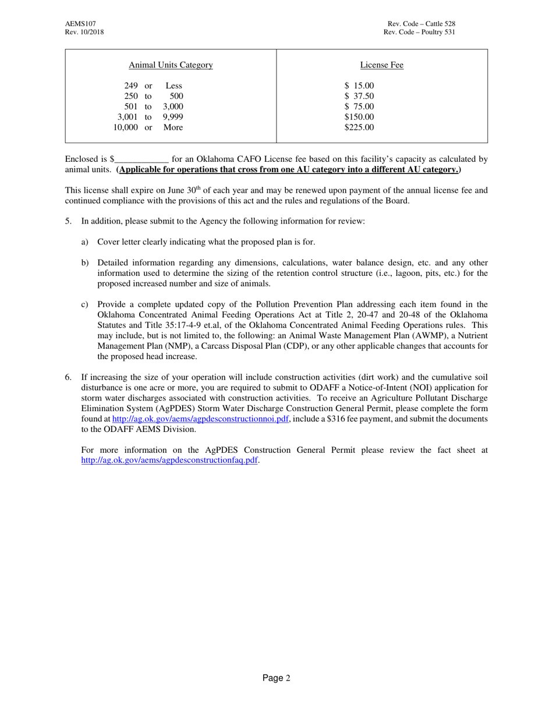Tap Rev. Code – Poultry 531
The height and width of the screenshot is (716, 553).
pos(419,32)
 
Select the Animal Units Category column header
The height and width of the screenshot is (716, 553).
pos(171,65)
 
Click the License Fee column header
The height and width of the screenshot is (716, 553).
pos(382,65)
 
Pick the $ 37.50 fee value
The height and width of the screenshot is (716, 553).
pos(359,96)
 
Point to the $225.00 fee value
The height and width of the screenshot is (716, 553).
pos(359,127)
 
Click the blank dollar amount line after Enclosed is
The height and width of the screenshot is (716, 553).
pos(142,159)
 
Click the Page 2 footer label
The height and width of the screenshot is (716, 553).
pos(276,678)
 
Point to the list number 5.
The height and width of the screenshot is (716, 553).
pos(69,221)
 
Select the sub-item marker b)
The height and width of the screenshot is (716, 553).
pos(85,263)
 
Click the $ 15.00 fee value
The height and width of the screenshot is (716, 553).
pos(359,86)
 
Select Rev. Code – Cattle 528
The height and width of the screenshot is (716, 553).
pos(421,24)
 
